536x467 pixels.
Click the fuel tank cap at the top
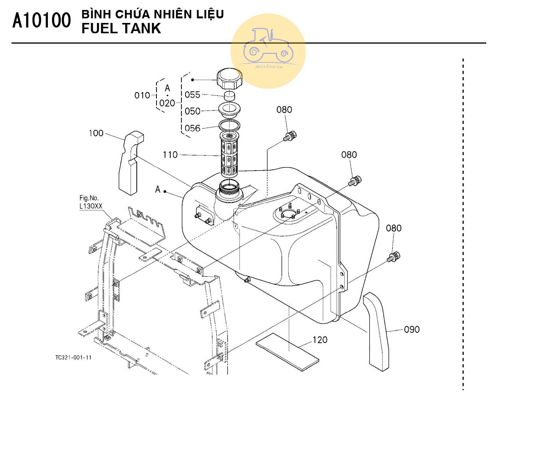[x=229, y=78]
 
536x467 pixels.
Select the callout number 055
[x=192, y=94]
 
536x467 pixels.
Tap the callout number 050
[x=192, y=111]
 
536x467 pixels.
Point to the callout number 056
[x=192, y=128]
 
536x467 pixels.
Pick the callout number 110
[x=170, y=155]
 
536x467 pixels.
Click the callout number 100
[x=96, y=133]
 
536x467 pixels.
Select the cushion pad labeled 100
[x=130, y=163]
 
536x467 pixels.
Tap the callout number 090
[x=412, y=329]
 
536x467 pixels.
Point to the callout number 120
[x=320, y=340]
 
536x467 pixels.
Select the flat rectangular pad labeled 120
[x=287, y=352]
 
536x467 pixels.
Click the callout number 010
[x=142, y=95]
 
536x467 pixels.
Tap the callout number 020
[x=167, y=103]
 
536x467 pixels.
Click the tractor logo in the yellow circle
[x=268, y=46]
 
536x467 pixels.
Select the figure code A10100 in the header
[x=42, y=20]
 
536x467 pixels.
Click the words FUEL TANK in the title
[x=121, y=28]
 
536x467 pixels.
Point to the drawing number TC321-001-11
[x=73, y=358]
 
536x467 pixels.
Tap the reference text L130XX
[x=91, y=206]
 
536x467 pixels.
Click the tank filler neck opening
[x=229, y=187]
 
